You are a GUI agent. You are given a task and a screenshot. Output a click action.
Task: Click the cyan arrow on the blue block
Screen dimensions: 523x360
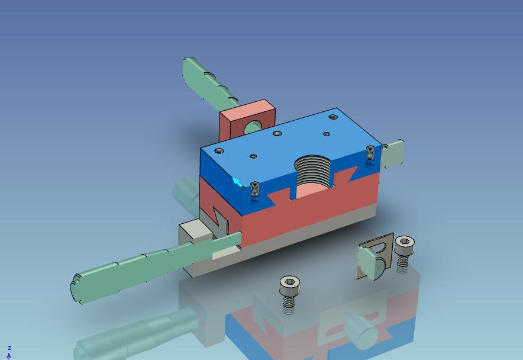coord(237,183)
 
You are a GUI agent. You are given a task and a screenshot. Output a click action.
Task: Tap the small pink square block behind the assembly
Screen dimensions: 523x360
coord(247,120)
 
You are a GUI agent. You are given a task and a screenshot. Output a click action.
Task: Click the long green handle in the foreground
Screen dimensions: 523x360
coord(153,266)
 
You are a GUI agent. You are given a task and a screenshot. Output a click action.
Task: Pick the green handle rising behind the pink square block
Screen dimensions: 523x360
coord(210,84)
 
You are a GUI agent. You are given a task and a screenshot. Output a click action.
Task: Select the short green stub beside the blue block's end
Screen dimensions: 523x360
coord(393,153)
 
